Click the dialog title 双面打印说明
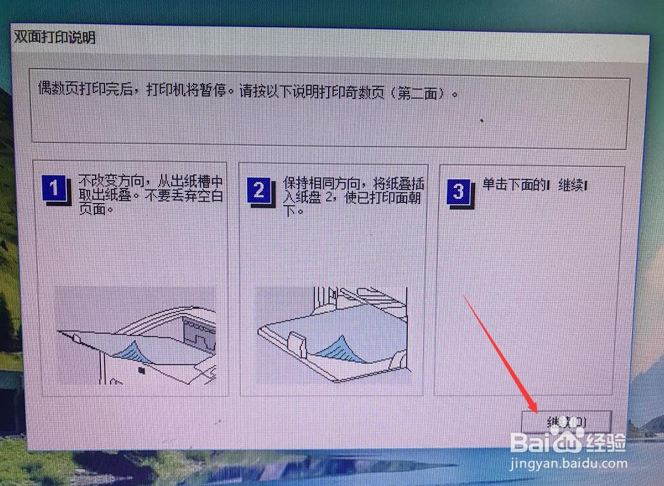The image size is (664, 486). click(x=55, y=38)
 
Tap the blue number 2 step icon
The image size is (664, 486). click(x=258, y=191)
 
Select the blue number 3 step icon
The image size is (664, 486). click(x=458, y=191)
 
